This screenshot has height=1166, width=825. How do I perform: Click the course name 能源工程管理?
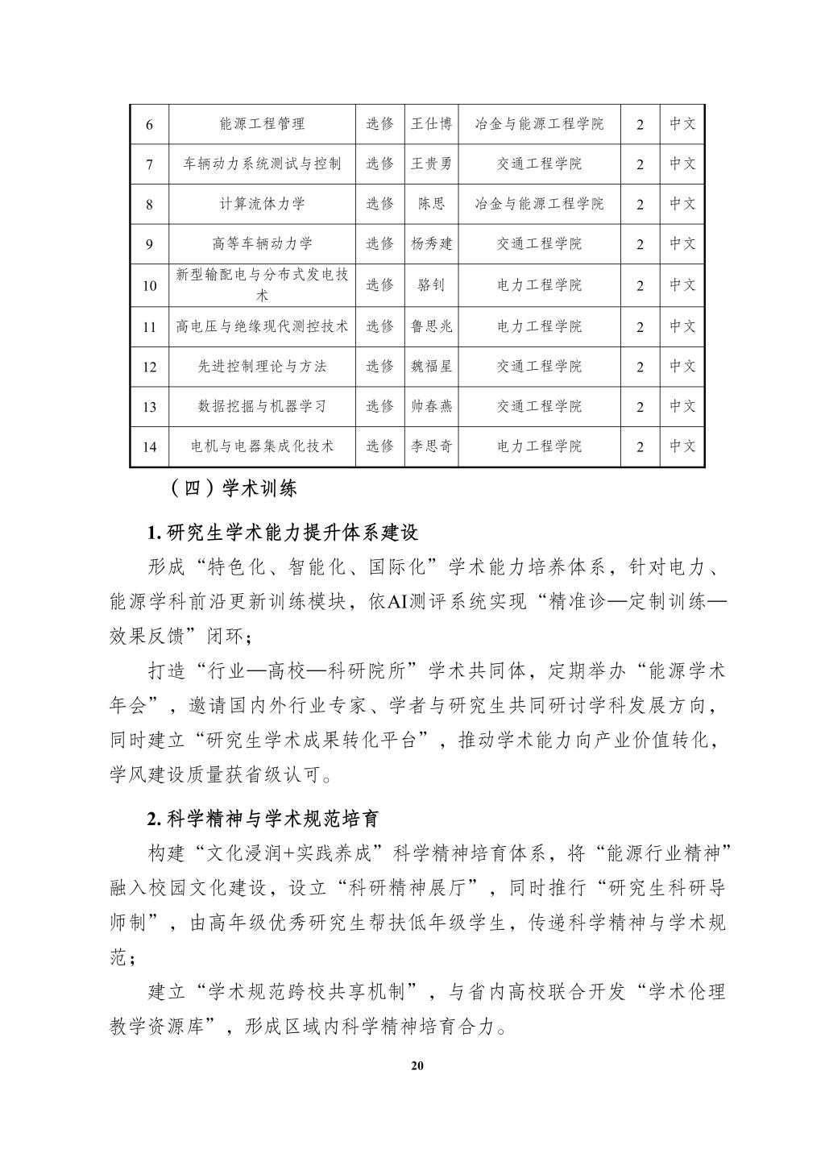coord(262,124)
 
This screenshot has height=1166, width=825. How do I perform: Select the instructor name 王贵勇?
coord(431,164)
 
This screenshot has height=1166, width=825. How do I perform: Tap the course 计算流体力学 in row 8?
coord(262,204)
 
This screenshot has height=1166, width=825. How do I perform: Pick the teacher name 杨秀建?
coord(431,243)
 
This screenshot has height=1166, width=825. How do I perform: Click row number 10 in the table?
coord(149,285)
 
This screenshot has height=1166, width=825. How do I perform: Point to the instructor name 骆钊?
coord(431,285)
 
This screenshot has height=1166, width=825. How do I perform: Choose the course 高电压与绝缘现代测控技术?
coord(262,326)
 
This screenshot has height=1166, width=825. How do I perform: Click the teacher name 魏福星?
coord(431,367)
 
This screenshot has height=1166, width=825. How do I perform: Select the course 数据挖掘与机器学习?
coord(262,406)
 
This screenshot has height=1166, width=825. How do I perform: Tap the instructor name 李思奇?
coord(431,446)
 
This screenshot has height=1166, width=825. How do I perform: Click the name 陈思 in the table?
coord(431,204)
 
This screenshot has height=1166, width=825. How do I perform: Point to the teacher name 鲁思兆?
coord(431,326)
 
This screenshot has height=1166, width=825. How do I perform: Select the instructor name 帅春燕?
coord(431,406)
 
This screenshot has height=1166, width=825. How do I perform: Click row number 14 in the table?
coord(149,446)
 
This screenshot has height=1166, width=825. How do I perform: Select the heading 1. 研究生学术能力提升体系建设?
coord(283,533)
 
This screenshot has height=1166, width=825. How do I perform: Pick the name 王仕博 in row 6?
coord(431,124)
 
